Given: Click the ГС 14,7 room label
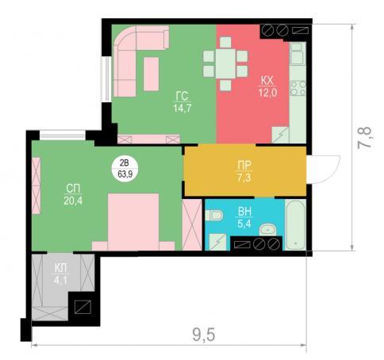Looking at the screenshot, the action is coord(182,102).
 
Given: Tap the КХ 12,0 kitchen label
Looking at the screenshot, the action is coord(267,86).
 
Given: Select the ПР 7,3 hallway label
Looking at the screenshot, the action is coord(244,171).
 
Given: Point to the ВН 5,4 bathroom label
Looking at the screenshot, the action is coord(244,217).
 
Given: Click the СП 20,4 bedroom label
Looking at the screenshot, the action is coord(73,195).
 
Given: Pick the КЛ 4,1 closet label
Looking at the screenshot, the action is coord(60,274).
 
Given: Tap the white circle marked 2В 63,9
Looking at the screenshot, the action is coord(125,168).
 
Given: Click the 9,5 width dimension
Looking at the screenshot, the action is coord(204,335).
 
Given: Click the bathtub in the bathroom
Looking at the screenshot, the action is coord(296,224).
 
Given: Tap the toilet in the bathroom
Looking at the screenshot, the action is coord(214,215).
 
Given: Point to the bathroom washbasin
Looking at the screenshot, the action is coord(267,229).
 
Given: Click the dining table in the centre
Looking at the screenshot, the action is coord(225,63).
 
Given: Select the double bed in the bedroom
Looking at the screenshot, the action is coord(133,222).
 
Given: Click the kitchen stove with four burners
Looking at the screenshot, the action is coord(298,88).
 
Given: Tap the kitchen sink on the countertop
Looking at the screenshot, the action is coord(298,54).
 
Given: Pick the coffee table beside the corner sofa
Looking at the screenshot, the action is coord(152,74).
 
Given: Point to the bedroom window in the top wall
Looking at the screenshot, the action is coord(63,135).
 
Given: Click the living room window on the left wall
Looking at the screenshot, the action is coord(107,79).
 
